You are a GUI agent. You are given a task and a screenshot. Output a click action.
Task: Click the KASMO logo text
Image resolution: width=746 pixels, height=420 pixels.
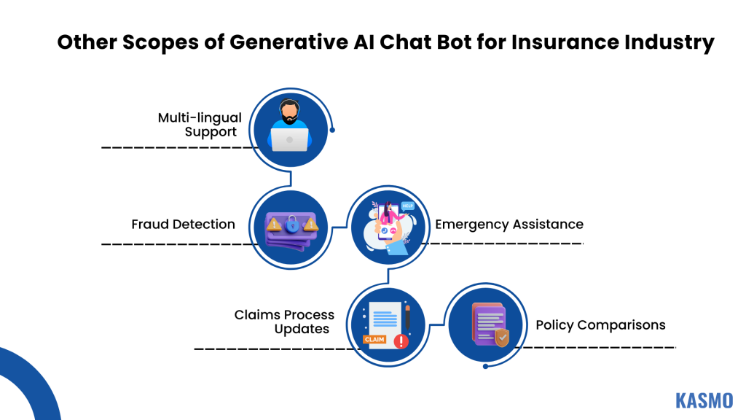click(704, 400)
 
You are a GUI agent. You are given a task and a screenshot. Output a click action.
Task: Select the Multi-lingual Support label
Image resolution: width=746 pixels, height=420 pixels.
click(200, 125)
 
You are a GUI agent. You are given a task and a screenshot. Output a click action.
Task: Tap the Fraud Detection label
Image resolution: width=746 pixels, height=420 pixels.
click(183, 224)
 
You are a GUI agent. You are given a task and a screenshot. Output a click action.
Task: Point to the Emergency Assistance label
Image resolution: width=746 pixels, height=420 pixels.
click(509, 224)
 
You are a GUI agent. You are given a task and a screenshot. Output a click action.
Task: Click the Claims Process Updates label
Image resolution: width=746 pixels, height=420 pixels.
click(284, 322)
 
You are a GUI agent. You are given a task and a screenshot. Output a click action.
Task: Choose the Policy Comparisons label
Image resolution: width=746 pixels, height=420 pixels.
click(600, 324)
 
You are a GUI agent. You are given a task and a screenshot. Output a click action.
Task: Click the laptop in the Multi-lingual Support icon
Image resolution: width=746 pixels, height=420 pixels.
click(289, 139)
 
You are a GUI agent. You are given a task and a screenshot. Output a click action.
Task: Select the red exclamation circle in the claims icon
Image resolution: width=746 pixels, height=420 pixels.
click(400, 341)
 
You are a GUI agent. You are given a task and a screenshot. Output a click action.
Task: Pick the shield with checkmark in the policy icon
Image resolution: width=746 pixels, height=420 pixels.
click(501, 338)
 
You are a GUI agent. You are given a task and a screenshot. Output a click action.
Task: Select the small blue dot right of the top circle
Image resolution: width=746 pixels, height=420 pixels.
click(333, 131)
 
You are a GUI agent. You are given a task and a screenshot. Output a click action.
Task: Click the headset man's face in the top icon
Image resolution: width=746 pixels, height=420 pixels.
click(290, 112)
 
